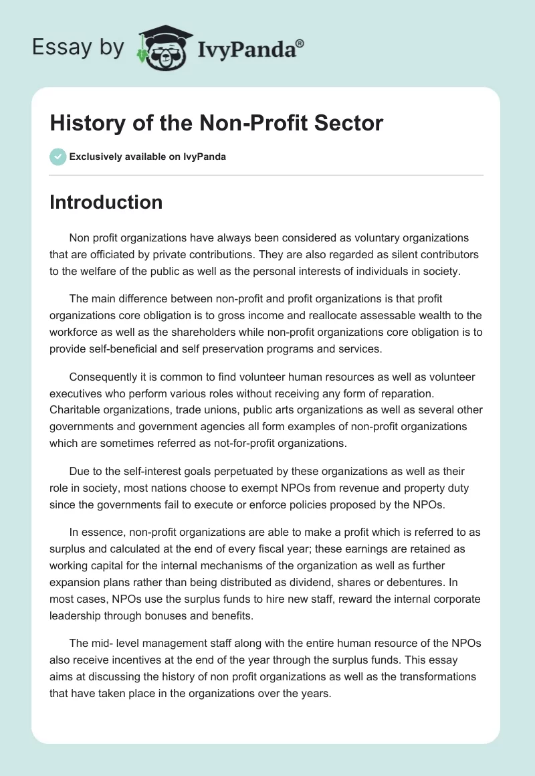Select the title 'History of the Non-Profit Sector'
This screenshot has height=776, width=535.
tap(216, 123)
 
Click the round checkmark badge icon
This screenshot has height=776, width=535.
tap(58, 157)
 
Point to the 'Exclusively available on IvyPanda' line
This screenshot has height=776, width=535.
tap(148, 157)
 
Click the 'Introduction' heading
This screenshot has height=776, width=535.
tap(106, 202)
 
